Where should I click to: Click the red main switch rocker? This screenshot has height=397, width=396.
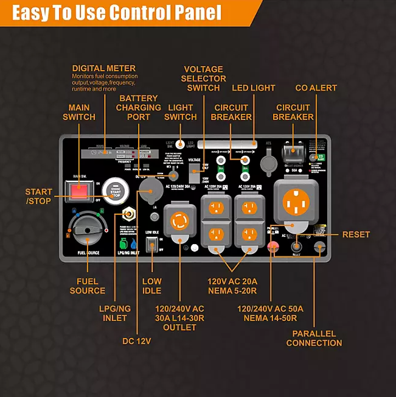click(x=78, y=192)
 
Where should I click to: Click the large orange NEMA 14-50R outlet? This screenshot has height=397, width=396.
click(x=298, y=198)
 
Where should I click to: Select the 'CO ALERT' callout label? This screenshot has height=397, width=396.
click(x=316, y=88)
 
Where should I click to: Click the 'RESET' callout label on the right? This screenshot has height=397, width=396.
click(x=356, y=234)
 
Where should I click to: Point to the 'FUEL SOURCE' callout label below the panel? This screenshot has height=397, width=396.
click(x=87, y=286)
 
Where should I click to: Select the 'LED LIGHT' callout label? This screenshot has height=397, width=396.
click(x=253, y=88)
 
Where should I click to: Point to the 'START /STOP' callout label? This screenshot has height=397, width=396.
click(x=38, y=196)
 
